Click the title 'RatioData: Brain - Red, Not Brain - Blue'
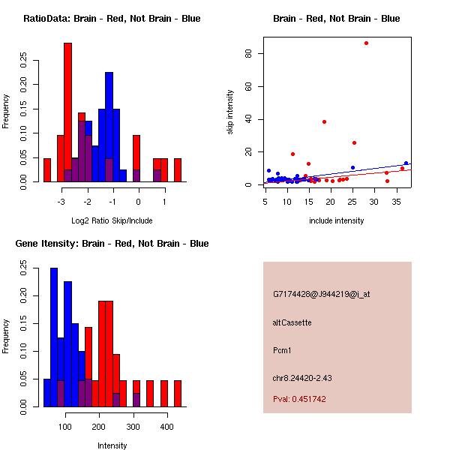tap(112, 19)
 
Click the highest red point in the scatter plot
tap(366, 43)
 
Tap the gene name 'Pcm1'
tap(282, 350)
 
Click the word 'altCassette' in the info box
tap(292, 322)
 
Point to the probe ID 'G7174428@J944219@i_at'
tap(321, 294)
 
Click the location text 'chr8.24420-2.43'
tap(302, 377)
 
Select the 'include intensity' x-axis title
tap(337, 220)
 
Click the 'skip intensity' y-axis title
tap(230, 112)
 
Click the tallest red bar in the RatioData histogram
tap(68, 112)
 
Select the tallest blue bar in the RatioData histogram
tap(109, 127)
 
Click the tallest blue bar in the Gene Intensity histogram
tap(54, 337)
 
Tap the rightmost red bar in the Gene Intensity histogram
tap(178, 394)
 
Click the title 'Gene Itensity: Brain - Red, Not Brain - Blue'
tap(112, 244)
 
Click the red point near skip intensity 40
tap(324, 121)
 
